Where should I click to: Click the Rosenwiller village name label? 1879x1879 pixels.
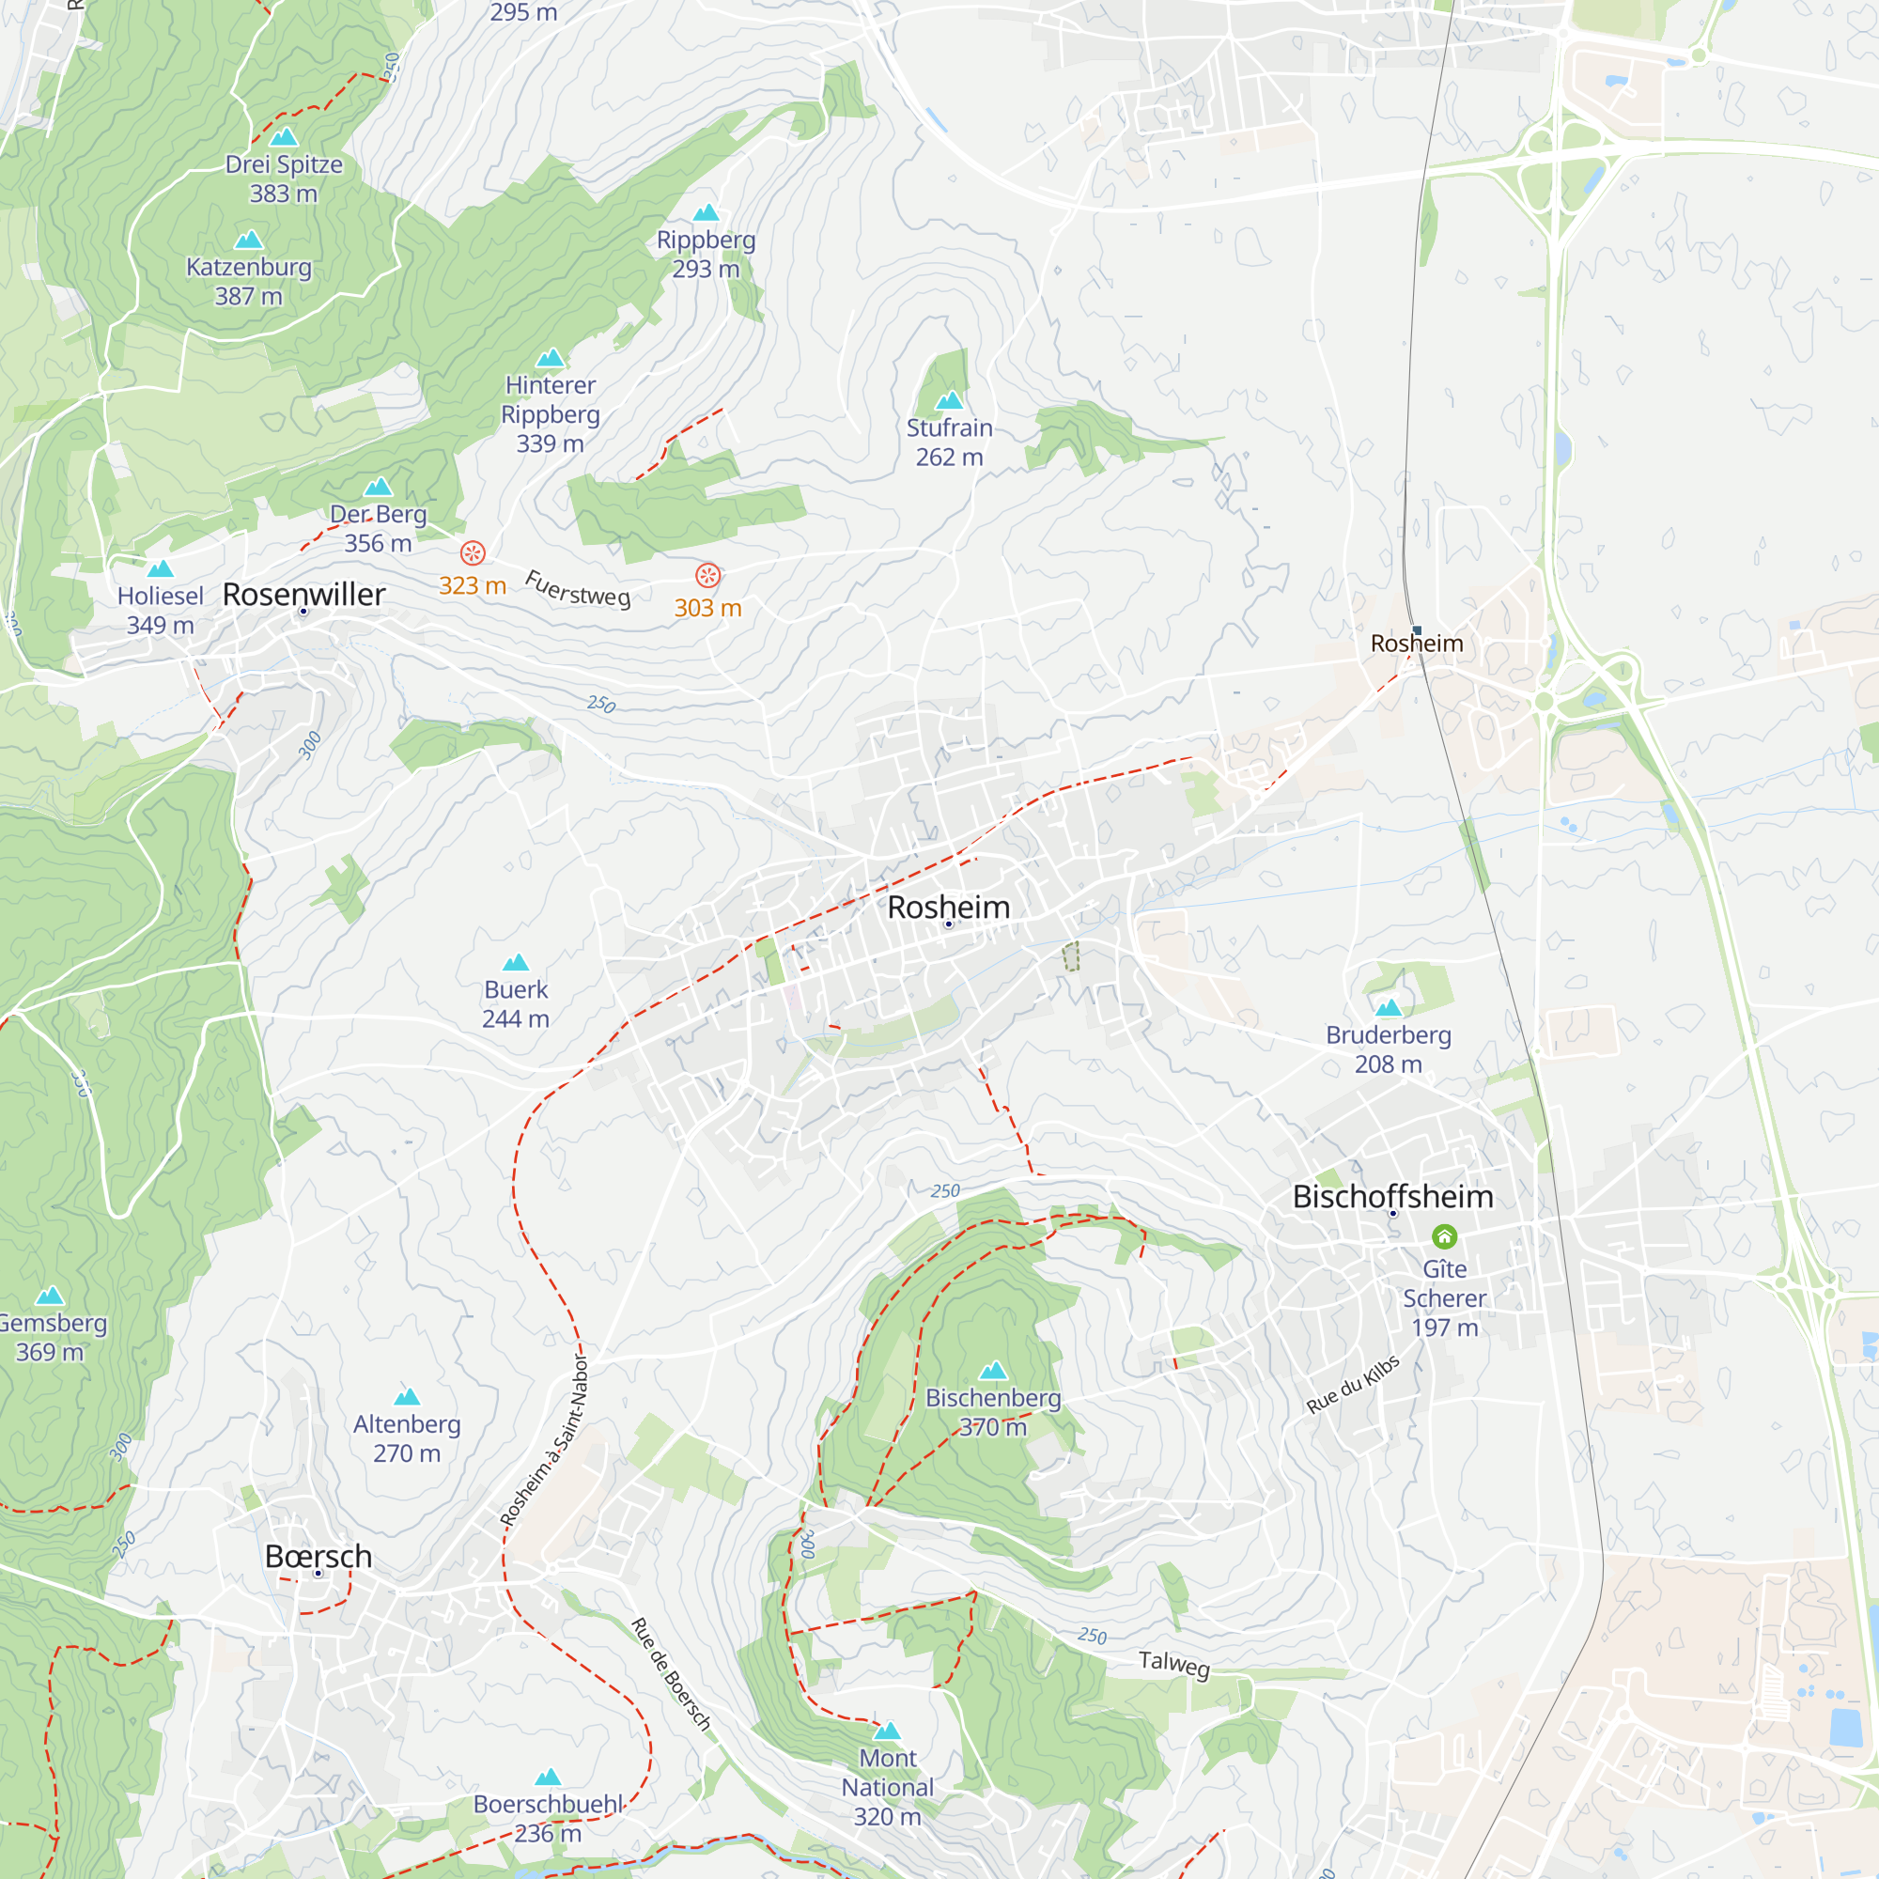(x=303, y=595)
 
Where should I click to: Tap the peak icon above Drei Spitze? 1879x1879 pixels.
(x=283, y=137)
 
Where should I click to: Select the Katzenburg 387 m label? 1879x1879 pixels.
(x=249, y=281)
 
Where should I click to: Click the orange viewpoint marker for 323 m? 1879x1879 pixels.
(x=473, y=553)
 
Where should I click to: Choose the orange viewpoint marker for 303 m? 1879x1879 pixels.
(x=708, y=576)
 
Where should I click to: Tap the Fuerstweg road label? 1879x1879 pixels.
(x=578, y=589)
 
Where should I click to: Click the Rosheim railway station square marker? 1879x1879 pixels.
(x=1417, y=630)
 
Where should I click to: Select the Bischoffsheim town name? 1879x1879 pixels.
(x=1392, y=1196)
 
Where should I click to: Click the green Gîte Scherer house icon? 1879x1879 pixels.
(x=1444, y=1236)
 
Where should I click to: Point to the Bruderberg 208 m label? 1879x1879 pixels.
(x=1388, y=1049)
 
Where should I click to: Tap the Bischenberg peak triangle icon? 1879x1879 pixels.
(x=993, y=1371)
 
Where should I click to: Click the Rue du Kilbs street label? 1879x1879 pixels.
(x=1353, y=1384)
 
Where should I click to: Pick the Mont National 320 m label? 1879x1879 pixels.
(x=887, y=1787)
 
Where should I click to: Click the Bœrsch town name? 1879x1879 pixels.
(x=318, y=1556)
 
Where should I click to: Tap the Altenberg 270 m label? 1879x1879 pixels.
(x=407, y=1438)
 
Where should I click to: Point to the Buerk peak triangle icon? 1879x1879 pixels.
(x=516, y=963)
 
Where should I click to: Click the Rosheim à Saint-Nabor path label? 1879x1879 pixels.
(x=545, y=1439)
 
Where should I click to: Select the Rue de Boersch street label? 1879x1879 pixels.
(x=671, y=1674)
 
